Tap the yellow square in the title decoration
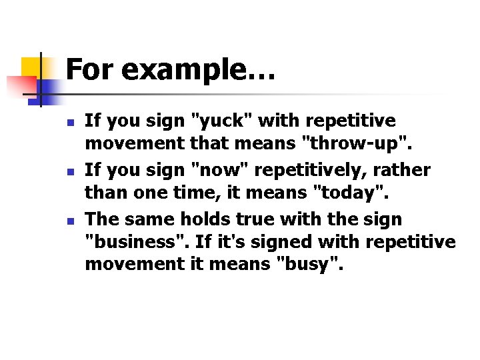pyautogui.click(x=35, y=67)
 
